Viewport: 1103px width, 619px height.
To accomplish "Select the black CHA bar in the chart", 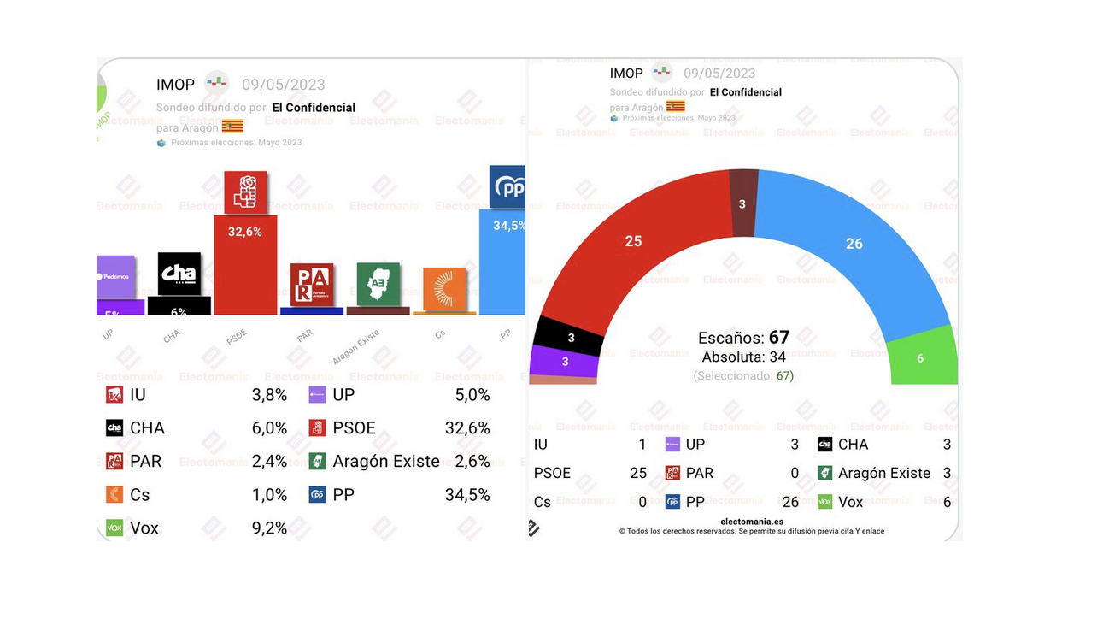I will click(179, 306).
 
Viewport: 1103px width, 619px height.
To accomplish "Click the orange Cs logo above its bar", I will click(444, 289).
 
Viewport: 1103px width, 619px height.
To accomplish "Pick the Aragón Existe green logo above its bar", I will click(378, 284).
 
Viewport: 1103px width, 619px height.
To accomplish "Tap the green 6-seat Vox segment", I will click(921, 357).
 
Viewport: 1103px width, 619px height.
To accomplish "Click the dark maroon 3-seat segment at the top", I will click(743, 203).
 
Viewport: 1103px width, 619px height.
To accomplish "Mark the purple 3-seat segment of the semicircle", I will click(564, 362).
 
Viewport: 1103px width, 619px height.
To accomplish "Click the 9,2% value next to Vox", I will click(270, 528).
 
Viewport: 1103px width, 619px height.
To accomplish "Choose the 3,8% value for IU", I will click(270, 395).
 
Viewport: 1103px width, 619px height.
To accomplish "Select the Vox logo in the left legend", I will click(114, 528).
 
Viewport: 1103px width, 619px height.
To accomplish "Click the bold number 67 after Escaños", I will click(778, 337).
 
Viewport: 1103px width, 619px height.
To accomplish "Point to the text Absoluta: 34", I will click(743, 357).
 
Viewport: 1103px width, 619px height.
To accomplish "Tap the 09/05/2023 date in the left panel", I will click(284, 85).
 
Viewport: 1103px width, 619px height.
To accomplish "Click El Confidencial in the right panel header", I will click(745, 92).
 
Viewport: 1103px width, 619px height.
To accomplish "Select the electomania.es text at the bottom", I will click(752, 521).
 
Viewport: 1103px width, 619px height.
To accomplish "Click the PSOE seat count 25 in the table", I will click(637, 473).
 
